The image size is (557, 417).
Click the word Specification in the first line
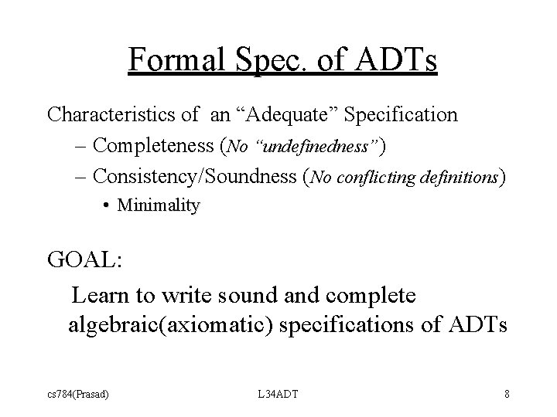point(401,115)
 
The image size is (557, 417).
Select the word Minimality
point(159,206)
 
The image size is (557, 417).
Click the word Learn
point(99,295)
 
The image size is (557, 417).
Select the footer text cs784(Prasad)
point(77,395)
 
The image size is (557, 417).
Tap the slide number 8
point(506,395)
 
